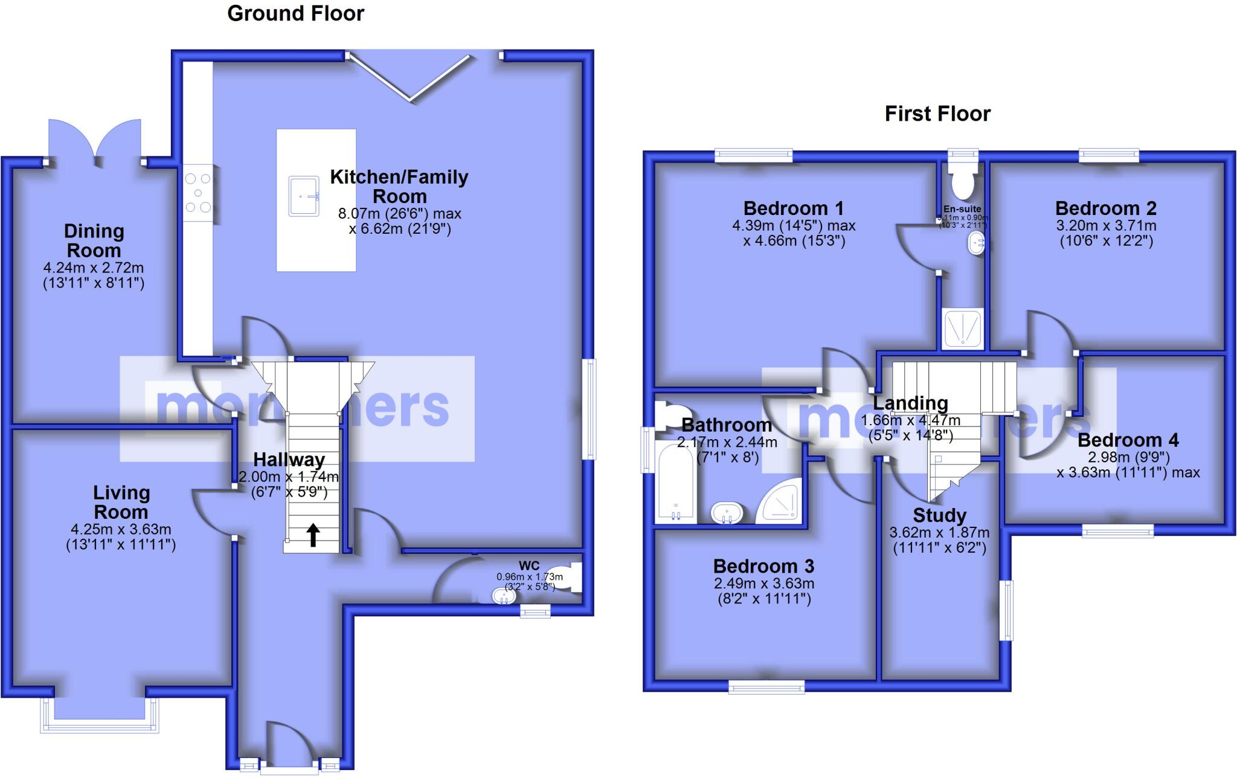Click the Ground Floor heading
(x=295, y=13)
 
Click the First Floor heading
(x=937, y=114)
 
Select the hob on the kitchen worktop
(x=198, y=193)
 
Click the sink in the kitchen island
(x=304, y=196)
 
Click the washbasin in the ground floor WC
(x=504, y=597)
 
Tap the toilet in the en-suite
(x=962, y=180)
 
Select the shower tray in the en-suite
(x=962, y=329)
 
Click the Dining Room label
(x=94, y=240)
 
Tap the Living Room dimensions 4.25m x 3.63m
(x=121, y=529)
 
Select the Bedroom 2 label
(x=1105, y=208)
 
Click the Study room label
(x=939, y=515)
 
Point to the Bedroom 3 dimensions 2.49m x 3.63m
(x=763, y=583)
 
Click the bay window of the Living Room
(x=100, y=722)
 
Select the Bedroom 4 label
(x=1128, y=440)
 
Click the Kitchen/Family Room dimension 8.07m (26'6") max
(x=399, y=213)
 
